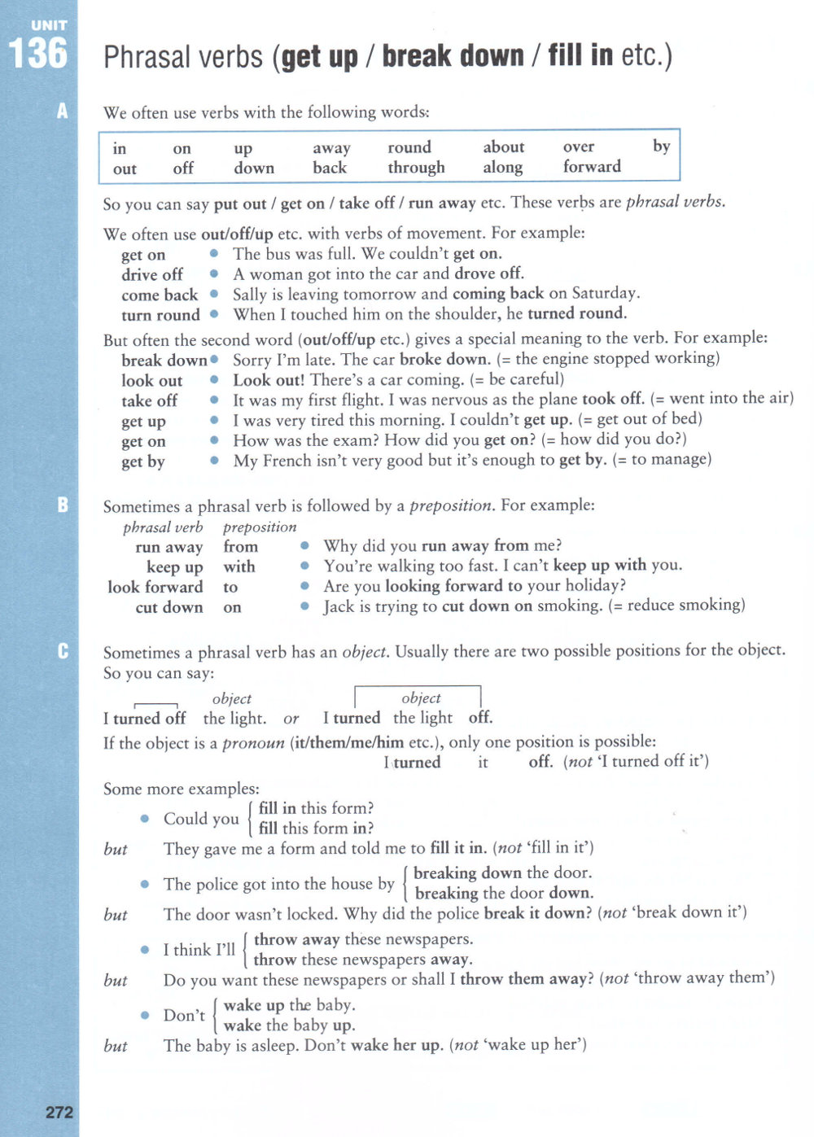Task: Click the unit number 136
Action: tap(38, 55)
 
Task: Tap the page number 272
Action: tap(59, 1112)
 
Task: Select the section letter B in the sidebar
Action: tap(63, 505)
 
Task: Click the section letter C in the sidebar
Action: tap(63, 651)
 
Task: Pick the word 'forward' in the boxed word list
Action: tap(592, 167)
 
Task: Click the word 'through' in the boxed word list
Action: tap(416, 168)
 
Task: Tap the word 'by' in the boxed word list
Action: tap(661, 146)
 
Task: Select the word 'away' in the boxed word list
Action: tap(331, 148)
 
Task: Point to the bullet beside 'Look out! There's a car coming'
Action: tap(214, 380)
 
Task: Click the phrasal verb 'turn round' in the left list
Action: tap(160, 315)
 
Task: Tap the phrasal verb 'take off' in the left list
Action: tap(149, 400)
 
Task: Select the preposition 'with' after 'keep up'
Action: tap(239, 566)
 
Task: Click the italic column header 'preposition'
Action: tap(260, 527)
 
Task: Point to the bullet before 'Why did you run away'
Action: tap(304, 546)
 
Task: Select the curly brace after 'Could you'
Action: tap(249, 819)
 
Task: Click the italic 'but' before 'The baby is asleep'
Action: tap(116, 1046)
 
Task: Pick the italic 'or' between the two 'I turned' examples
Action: tap(291, 719)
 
